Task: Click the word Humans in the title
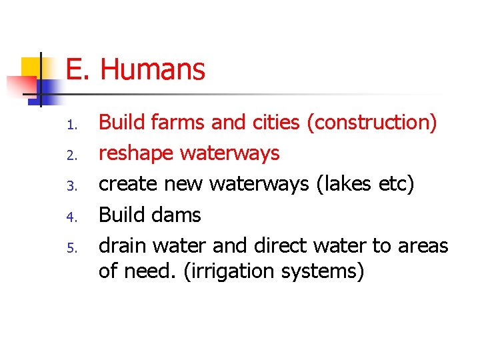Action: coord(153,69)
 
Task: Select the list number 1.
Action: coord(73,125)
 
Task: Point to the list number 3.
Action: coord(73,186)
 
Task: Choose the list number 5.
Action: coord(73,248)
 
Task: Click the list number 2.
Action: coord(73,155)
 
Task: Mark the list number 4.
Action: coord(73,217)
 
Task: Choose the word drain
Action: coord(123,246)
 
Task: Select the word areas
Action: coord(423,246)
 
